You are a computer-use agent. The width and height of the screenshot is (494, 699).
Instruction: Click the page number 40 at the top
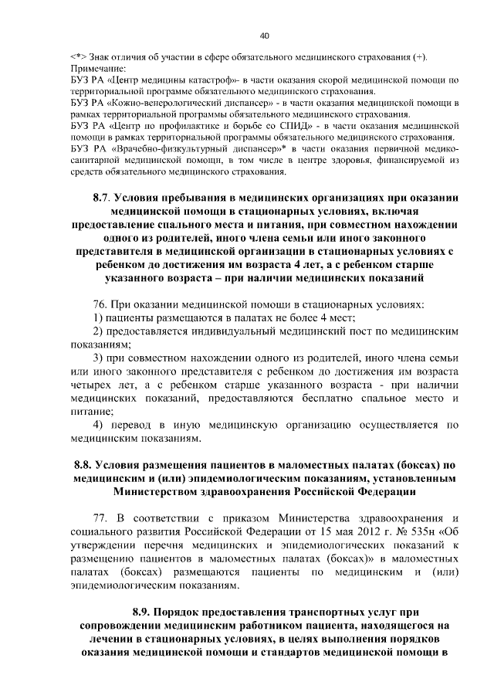[265, 36]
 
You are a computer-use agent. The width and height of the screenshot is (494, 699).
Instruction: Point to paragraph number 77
[100, 517]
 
